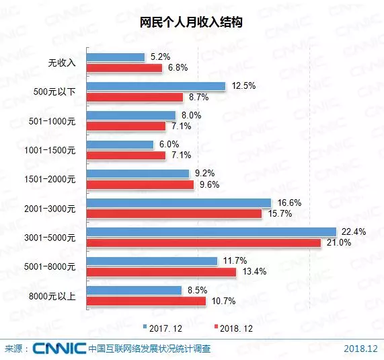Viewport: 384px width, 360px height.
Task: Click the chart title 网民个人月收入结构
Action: [192, 23]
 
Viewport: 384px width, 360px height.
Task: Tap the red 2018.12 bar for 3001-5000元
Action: [204, 243]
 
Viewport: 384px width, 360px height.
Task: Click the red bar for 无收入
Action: [124, 68]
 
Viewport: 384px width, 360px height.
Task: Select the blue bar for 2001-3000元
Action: [178, 203]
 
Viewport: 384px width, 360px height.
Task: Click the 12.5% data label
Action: [241, 86]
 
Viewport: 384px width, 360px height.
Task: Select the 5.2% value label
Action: [159, 57]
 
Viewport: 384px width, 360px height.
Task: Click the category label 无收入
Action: [63, 63]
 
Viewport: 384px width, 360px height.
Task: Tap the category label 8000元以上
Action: [59, 296]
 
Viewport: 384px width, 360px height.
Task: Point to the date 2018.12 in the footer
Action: [361, 349]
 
